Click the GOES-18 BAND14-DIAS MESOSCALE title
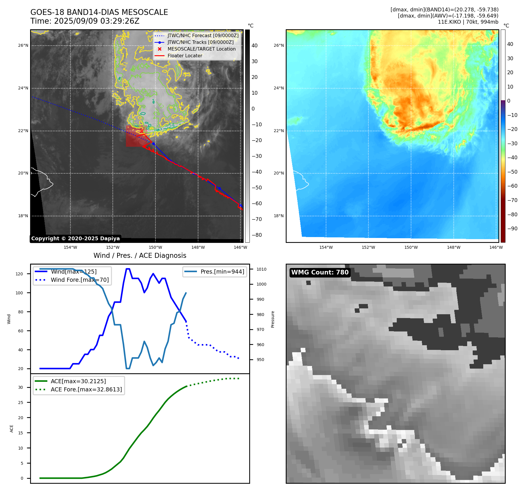click(x=99, y=12)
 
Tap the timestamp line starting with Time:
click(x=85, y=21)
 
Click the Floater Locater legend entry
click(x=185, y=56)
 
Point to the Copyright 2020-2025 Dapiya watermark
click(x=75, y=239)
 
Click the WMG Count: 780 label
click(x=320, y=272)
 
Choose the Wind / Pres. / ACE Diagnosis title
click(x=140, y=255)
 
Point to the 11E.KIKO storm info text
click(x=468, y=22)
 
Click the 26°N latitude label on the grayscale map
click(x=23, y=45)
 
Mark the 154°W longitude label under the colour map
click(x=326, y=247)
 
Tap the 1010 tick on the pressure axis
click(x=261, y=269)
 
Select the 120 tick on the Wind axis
click(x=19, y=274)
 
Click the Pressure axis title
click(x=273, y=319)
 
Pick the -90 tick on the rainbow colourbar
click(x=512, y=229)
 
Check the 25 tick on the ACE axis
click(x=20, y=403)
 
